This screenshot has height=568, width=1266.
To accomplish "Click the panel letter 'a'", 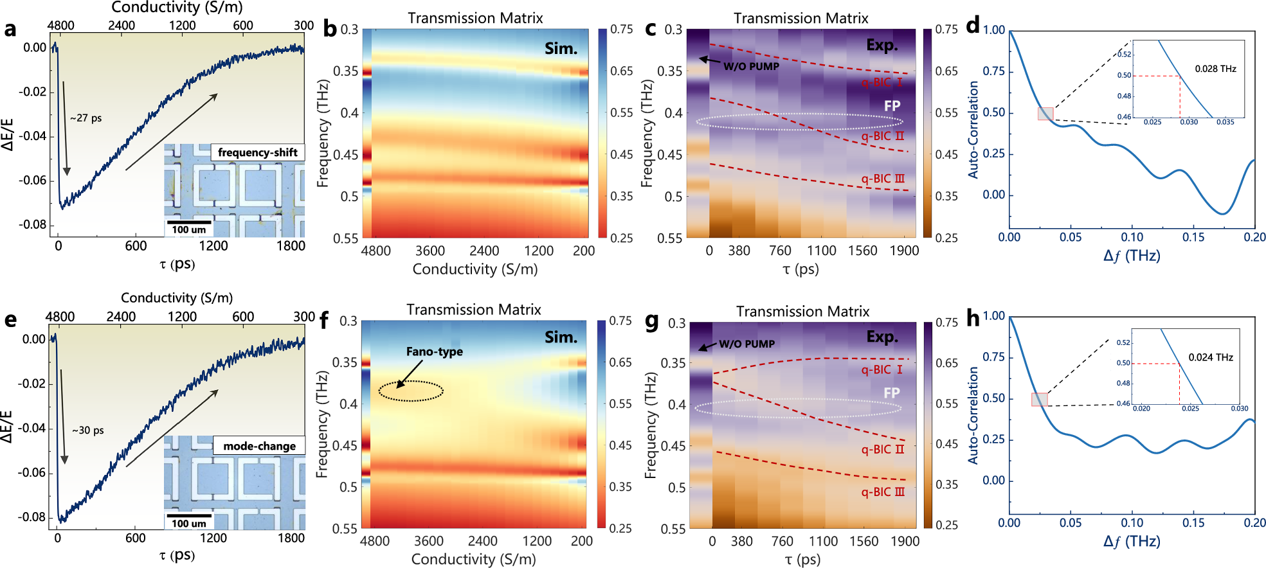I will tap(10, 30).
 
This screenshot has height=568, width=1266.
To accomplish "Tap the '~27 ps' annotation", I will tap(86, 118).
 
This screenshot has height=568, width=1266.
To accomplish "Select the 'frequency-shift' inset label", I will tap(257, 152).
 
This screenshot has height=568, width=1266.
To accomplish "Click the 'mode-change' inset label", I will tap(259, 446).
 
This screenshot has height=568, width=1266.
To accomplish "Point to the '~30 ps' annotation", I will tap(88, 430).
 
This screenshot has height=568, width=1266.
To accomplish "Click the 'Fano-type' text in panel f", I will tap(434, 351).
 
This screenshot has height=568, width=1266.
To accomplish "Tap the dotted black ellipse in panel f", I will tap(411, 391).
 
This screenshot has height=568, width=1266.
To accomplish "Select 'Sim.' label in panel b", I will tap(561, 49).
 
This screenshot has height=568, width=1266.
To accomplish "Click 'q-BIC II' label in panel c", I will tap(882, 136).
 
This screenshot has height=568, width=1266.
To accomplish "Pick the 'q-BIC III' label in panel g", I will tap(882, 492).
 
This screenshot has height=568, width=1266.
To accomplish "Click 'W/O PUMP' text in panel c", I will tap(751, 66).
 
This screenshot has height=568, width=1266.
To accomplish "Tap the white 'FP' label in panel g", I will tap(891, 393).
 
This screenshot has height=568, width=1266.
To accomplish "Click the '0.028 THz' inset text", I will tap(1215, 69).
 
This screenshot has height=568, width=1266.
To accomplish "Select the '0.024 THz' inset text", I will tap(1210, 357).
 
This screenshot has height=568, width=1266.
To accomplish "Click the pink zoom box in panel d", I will tap(1045, 114).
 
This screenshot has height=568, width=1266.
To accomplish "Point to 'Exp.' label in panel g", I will tap(882, 337).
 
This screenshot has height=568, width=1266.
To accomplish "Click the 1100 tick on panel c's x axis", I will tap(821, 251).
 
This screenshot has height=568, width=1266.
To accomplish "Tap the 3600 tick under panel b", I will tap(430, 251).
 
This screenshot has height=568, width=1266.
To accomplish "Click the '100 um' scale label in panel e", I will tap(188, 523).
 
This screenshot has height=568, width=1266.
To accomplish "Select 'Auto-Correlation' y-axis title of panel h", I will tap(973, 415).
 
